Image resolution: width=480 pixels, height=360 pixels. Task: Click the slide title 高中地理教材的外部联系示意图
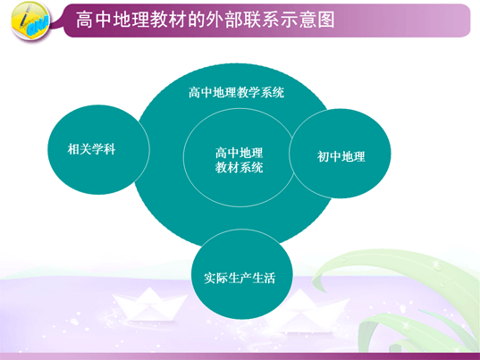(x=205, y=20)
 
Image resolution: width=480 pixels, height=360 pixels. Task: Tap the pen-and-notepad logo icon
(x=30, y=21)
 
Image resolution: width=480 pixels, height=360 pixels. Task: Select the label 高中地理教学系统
(x=236, y=92)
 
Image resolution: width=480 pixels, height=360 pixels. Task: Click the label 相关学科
(x=91, y=149)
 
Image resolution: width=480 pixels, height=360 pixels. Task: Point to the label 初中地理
(x=341, y=156)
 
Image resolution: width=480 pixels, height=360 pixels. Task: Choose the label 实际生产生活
(x=240, y=278)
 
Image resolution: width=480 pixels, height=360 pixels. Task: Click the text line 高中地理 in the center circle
(x=239, y=153)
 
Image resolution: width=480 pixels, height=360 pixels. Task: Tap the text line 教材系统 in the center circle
(x=239, y=167)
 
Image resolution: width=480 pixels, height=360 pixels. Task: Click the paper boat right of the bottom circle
(x=309, y=309)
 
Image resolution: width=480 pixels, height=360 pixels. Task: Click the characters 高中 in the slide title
(x=94, y=20)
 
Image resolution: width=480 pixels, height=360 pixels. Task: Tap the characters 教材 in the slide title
(x=168, y=20)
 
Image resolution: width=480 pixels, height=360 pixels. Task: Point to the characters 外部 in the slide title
(x=223, y=20)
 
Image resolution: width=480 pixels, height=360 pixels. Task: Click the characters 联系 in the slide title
(x=260, y=20)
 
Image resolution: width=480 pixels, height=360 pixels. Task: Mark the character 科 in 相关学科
(x=110, y=149)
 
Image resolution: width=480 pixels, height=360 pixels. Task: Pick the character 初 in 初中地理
(x=323, y=156)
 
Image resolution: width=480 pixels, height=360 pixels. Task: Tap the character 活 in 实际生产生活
(x=270, y=278)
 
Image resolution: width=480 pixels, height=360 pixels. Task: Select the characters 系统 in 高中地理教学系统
(x=273, y=92)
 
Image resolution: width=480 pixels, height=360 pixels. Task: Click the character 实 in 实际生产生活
(x=210, y=278)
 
